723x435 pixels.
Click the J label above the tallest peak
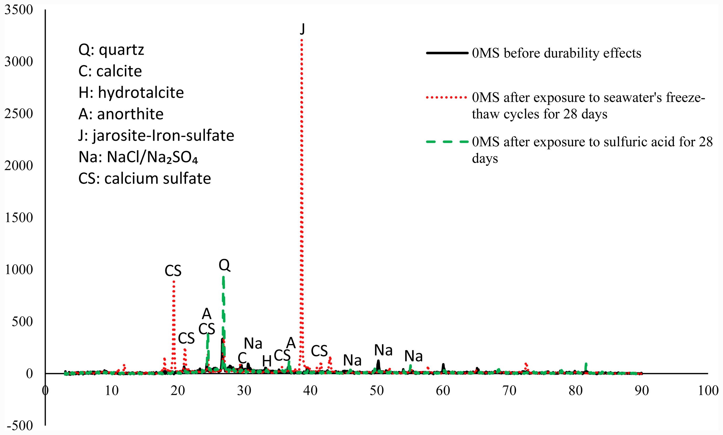pos(302,29)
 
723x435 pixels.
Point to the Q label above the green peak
pos(224,265)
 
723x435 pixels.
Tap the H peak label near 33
pos(267,361)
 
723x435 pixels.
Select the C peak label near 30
pos(242,358)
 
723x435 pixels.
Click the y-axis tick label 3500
pos(19,10)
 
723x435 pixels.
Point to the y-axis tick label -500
pos(19,426)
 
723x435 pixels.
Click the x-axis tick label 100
pos(708,391)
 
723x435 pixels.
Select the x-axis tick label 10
pos(111,391)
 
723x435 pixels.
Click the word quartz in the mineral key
pos(121,50)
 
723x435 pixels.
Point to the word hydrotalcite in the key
pos(141,93)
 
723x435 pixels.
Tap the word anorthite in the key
pos(130,114)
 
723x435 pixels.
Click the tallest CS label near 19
pos(173,271)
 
